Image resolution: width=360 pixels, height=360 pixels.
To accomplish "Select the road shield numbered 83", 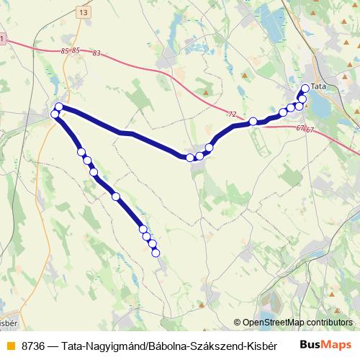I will [x=97, y=54].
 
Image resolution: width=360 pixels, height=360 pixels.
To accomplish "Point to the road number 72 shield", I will [x=231, y=114].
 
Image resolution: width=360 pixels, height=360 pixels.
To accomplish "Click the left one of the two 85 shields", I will [x=65, y=51].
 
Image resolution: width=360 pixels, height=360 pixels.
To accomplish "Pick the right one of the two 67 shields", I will [x=310, y=130].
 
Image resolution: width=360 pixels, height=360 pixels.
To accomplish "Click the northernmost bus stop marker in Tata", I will [x=305, y=88].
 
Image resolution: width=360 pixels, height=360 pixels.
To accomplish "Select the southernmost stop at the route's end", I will [x=156, y=251].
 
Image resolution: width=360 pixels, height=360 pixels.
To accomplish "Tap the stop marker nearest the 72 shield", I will [x=253, y=122].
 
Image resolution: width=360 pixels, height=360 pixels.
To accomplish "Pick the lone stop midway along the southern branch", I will [x=115, y=196].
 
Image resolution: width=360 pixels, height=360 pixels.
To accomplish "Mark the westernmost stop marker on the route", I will [x=55, y=114].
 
